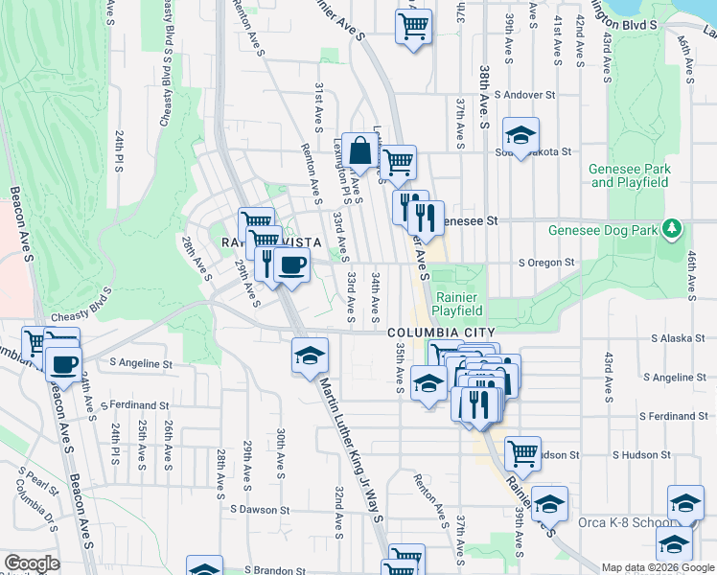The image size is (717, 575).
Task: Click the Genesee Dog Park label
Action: [601, 230]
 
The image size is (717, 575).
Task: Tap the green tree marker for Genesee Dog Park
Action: [673, 229]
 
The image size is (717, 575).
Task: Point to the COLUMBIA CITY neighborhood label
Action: [432, 333]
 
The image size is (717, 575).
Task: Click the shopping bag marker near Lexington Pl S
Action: [359, 151]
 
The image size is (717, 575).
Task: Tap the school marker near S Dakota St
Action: [521, 135]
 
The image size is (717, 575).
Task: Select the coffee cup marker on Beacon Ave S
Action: [64, 363]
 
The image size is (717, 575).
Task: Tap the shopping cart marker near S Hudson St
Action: [522, 454]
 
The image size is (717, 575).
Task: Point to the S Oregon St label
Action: [545, 263]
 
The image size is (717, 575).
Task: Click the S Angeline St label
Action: [140, 364]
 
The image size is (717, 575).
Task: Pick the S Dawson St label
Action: [259, 510]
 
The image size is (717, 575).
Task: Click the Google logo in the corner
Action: [32, 563]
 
